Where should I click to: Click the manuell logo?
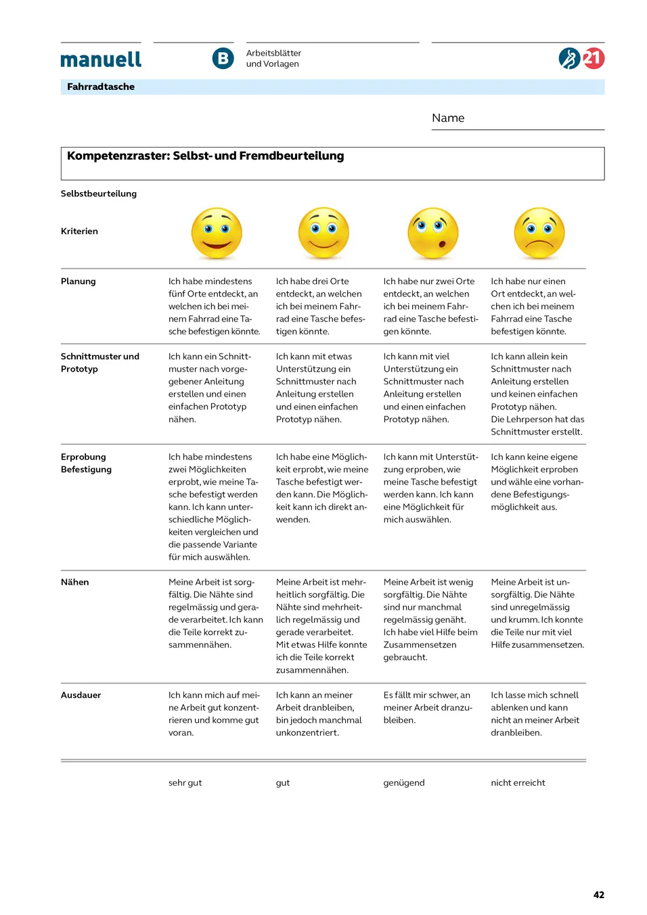[101, 60]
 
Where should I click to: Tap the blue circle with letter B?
[223, 59]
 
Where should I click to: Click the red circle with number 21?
[594, 58]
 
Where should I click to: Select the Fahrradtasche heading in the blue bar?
[101, 87]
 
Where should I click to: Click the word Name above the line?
[448, 118]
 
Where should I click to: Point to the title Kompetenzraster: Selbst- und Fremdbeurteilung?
[206, 156]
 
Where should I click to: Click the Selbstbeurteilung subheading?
[99, 194]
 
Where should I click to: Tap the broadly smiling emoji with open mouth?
[217, 233]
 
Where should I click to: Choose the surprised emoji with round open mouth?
[432, 233]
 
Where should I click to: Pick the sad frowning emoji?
[539, 233]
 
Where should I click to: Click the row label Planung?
[79, 282]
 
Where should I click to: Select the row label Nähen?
[75, 582]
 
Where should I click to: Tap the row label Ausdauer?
[81, 695]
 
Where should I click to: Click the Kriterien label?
[79, 231]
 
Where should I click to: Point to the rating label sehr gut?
[185, 783]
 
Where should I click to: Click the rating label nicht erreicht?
[518, 783]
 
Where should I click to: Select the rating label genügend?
[404, 783]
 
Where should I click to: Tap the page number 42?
[599, 895]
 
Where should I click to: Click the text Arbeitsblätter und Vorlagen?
[273, 59]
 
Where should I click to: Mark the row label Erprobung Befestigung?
[86, 463]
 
